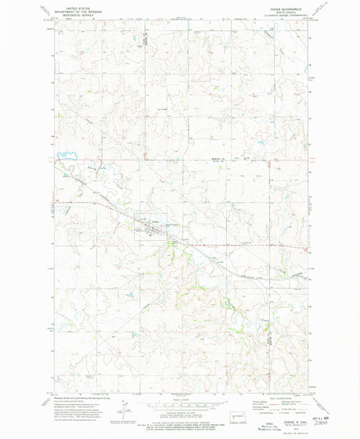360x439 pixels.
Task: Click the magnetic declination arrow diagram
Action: click(122, 407)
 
